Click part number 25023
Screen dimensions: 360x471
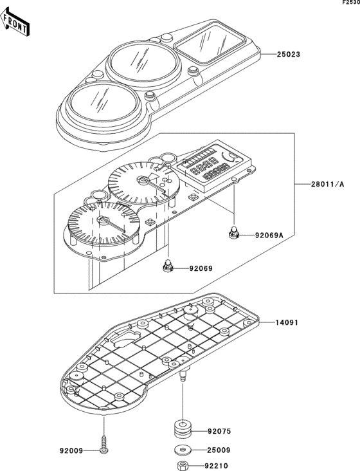(288, 54)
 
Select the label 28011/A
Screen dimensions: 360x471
(327, 184)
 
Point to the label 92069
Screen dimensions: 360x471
(201, 268)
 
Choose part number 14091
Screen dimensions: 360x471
(287, 322)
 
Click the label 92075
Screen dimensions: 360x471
(219, 431)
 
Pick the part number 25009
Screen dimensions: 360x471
(219, 450)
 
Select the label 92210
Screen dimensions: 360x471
(216, 466)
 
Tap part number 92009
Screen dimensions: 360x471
(71, 451)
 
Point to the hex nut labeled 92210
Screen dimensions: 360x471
(183, 466)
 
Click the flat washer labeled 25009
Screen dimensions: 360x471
(183, 450)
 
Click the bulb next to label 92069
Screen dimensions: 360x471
(168, 266)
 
